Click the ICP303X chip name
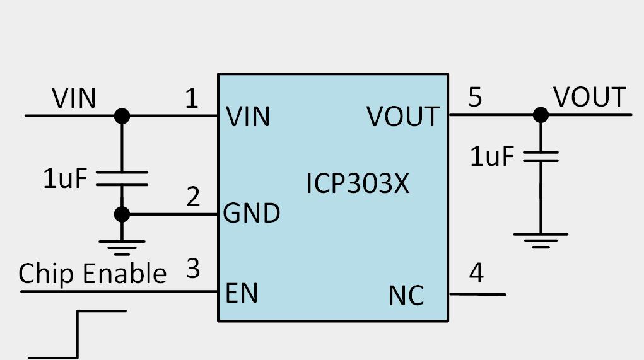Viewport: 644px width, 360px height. tap(358, 183)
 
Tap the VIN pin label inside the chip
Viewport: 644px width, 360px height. tap(248, 117)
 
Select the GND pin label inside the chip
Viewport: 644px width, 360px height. tap(252, 214)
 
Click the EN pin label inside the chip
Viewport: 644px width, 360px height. tap(242, 293)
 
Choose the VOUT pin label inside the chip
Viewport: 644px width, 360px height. tap(403, 117)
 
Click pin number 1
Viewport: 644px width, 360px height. tap(190, 99)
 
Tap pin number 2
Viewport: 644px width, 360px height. tap(193, 197)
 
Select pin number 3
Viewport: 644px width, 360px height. tap(193, 269)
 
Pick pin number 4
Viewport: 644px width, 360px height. tap(476, 274)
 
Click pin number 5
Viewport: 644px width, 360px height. tap(475, 98)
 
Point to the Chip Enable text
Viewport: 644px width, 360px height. tap(92, 274)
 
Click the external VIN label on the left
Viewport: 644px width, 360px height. tap(74, 99)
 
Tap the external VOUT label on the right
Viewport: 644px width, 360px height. tap(589, 98)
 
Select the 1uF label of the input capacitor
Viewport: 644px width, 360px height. tap(64, 180)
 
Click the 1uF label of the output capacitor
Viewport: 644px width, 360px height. tap(492, 157)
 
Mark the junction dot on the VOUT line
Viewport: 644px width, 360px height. tap(541, 115)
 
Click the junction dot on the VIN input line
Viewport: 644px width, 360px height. tap(122, 116)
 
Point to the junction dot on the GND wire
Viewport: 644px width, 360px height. tap(122, 214)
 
